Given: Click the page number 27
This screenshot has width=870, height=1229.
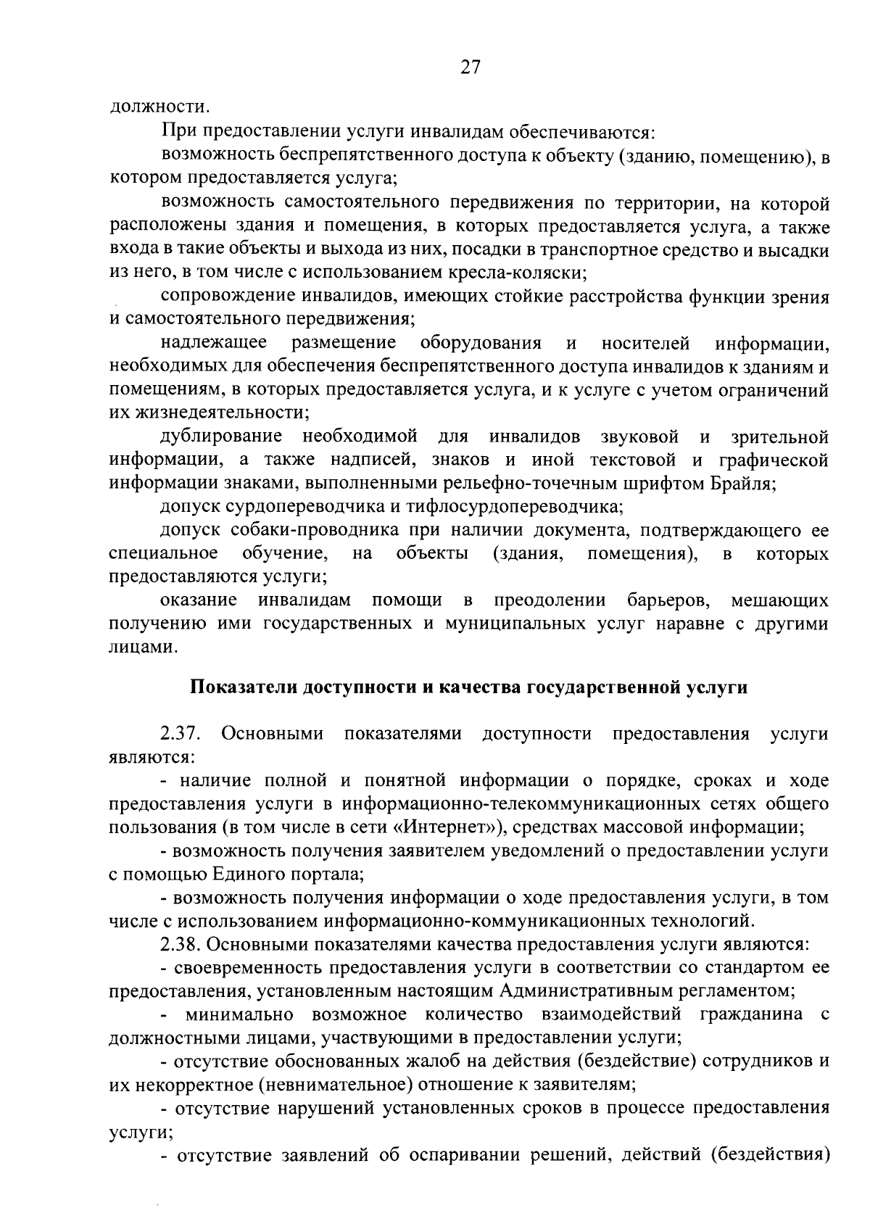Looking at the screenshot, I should tap(469, 67).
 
